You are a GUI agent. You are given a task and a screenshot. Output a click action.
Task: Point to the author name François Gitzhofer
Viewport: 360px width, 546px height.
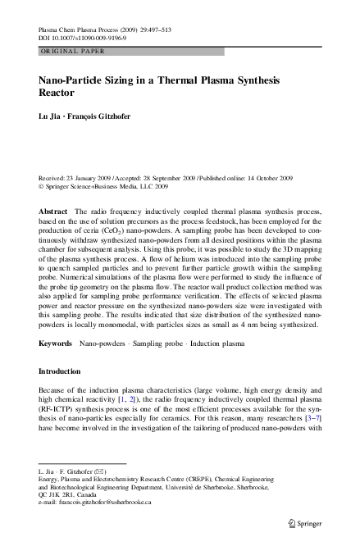tap(98, 120)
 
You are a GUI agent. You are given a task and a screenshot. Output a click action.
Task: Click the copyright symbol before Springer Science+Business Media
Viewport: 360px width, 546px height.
tap(42, 185)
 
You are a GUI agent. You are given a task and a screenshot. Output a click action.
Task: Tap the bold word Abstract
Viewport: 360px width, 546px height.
tap(54, 212)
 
